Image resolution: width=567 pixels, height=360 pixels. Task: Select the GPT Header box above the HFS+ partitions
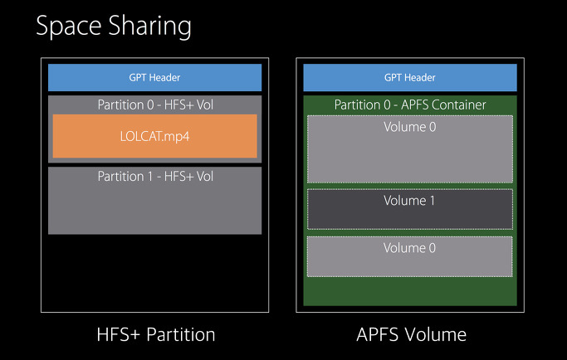coord(154,78)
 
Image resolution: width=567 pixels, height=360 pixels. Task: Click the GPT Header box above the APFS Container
coord(409,78)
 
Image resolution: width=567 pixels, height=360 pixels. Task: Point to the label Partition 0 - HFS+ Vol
coord(155,105)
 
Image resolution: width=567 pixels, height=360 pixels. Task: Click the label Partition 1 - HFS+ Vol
coord(155,176)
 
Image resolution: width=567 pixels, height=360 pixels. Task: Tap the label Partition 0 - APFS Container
coord(410,105)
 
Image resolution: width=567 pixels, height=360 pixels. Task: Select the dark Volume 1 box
coord(409,209)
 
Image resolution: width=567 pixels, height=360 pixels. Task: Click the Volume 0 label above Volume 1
coord(409,128)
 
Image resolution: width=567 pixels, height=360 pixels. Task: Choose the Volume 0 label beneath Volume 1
coord(409,248)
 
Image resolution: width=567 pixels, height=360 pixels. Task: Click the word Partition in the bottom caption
coord(175,335)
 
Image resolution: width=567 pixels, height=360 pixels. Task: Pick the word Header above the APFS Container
coord(419,78)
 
